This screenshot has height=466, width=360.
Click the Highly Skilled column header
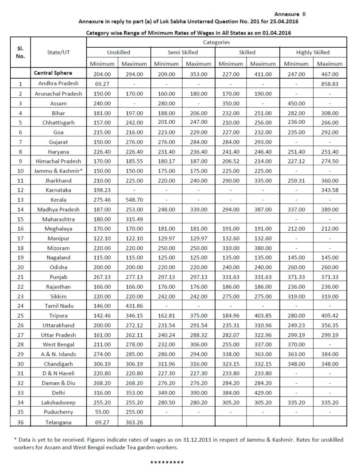pos(313,53)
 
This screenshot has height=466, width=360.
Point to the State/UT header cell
pos(58,53)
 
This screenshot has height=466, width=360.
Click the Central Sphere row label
pos(52,73)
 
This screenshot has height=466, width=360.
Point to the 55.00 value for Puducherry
pos(103,412)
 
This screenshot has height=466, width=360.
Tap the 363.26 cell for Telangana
pos(135,422)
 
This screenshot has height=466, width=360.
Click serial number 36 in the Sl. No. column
pos(21,422)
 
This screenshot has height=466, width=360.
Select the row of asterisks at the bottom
pos(167,462)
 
